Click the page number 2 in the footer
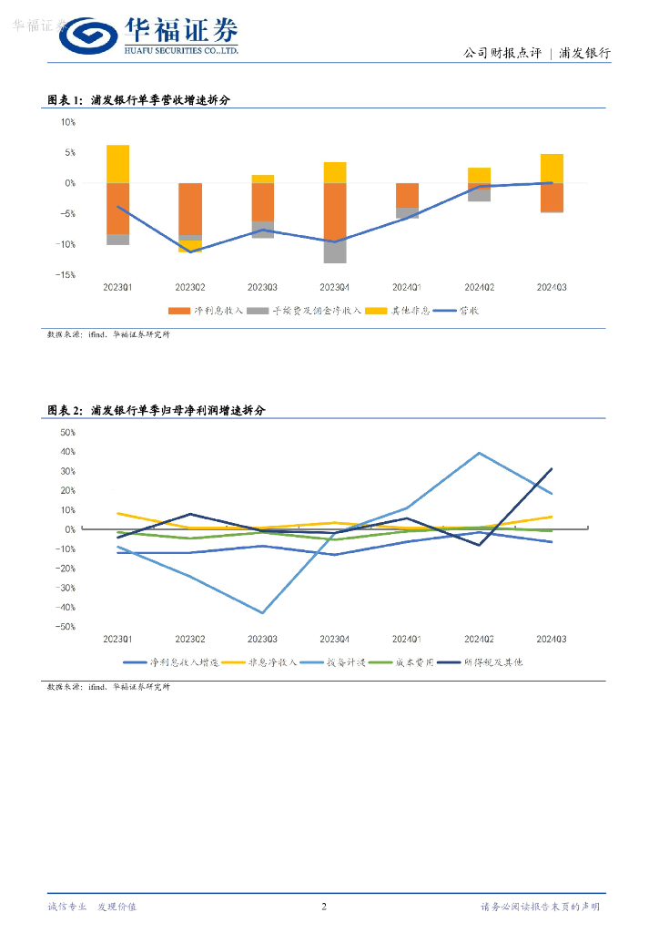point(325,907)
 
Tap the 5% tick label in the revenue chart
point(68,152)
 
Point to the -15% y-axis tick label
point(66,274)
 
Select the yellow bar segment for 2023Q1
point(117,164)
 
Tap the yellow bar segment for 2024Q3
point(552,169)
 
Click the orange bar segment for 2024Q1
point(407,195)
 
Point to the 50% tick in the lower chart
point(67,432)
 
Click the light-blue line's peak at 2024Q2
point(480,453)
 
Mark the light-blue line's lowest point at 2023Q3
point(262,613)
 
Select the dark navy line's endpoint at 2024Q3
point(552,469)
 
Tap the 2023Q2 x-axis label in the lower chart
point(190,638)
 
